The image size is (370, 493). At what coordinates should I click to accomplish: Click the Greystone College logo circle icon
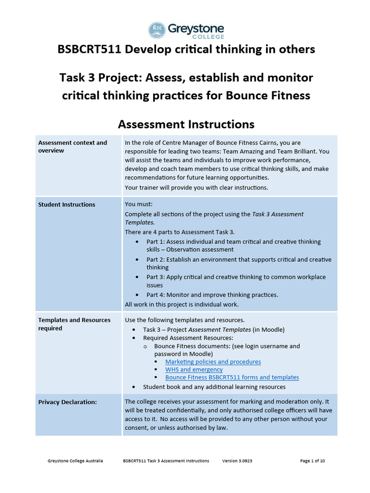pyautogui.click(x=157, y=30)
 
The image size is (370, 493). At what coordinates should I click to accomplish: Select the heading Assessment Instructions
pyautogui.click(x=186, y=124)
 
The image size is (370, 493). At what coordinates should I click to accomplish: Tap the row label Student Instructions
pyautogui.click(x=66, y=205)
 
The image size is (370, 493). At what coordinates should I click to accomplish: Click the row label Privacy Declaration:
pyautogui.click(x=67, y=402)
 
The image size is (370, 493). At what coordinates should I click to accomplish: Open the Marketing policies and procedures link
pyautogui.click(x=213, y=362)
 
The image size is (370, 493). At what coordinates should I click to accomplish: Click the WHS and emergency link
pyautogui.click(x=194, y=370)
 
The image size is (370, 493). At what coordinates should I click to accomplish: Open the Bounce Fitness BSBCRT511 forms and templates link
pyautogui.click(x=232, y=377)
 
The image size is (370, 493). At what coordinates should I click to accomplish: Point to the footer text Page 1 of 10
pyautogui.click(x=312, y=461)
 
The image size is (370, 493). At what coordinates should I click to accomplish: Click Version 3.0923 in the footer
pyautogui.click(x=237, y=461)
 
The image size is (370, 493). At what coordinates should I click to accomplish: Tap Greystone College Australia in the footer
pyautogui.click(x=75, y=461)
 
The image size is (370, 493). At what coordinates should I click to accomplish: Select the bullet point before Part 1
pyautogui.click(x=138, y=242)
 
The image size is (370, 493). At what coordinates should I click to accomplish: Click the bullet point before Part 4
pyautogui.click(x=138, y=295)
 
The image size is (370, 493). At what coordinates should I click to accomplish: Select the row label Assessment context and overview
pyautogui.click(x=72, y=146)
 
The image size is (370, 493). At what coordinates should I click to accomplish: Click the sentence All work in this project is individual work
pyautogui.click(x=182, y=304)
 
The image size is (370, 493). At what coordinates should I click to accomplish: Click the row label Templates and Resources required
pyautogui.click(x=74, y=324)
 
